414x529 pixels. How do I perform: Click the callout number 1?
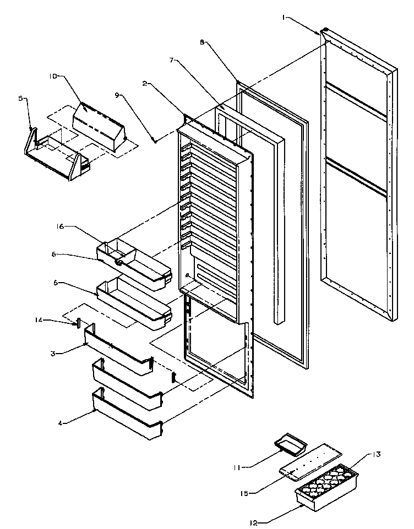click(284, 17)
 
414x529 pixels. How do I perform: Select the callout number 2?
click(145, 84)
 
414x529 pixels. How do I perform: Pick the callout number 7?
click(172, 60)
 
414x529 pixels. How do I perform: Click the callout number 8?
click(203, 41)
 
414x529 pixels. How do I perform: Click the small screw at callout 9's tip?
click(156, 141)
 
